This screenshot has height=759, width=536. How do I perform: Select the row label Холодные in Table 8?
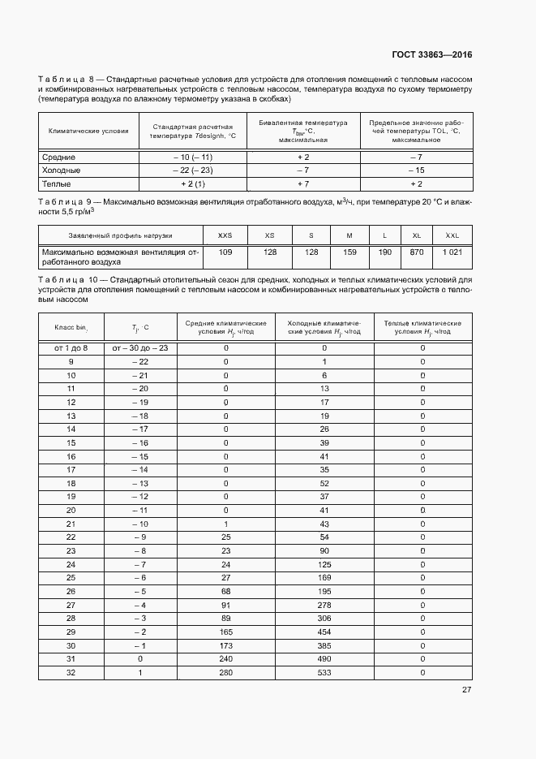61,170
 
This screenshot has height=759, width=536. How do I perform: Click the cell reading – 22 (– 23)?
192,170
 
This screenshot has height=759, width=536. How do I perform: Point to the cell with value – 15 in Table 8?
416,170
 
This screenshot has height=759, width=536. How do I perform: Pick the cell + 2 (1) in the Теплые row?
192,184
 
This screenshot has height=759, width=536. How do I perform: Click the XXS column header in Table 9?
225,235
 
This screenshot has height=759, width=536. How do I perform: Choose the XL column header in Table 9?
417,235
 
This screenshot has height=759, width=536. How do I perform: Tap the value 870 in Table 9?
417,252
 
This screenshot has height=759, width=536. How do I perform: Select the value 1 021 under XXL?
452,252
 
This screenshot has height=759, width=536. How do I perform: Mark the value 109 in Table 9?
225,252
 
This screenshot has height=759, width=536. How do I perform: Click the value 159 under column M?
349,252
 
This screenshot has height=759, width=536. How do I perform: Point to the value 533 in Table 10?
324,672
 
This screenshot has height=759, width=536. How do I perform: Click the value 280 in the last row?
225,672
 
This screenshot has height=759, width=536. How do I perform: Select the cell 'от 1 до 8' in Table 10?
71,347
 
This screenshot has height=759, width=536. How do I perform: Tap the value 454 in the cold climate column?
324,632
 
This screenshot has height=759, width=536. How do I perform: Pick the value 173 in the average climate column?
225,645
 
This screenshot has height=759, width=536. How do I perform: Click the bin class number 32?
71,672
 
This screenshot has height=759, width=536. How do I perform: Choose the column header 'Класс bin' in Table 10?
71,327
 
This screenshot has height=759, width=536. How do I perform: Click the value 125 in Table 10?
324,564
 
